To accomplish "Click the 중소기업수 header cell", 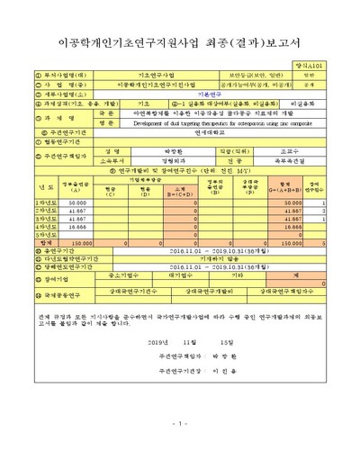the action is [x=119, y=277].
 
